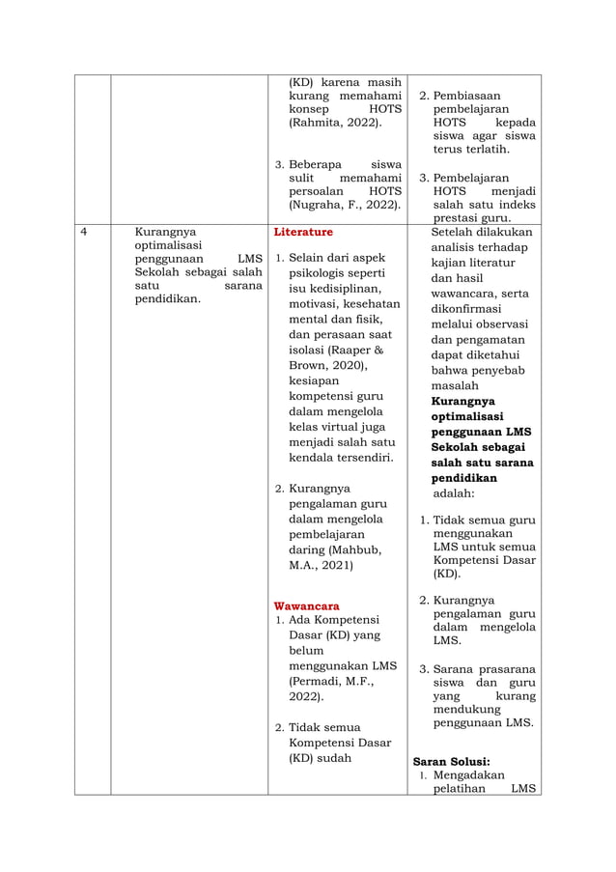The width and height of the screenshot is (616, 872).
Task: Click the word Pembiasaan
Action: (468, 97)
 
